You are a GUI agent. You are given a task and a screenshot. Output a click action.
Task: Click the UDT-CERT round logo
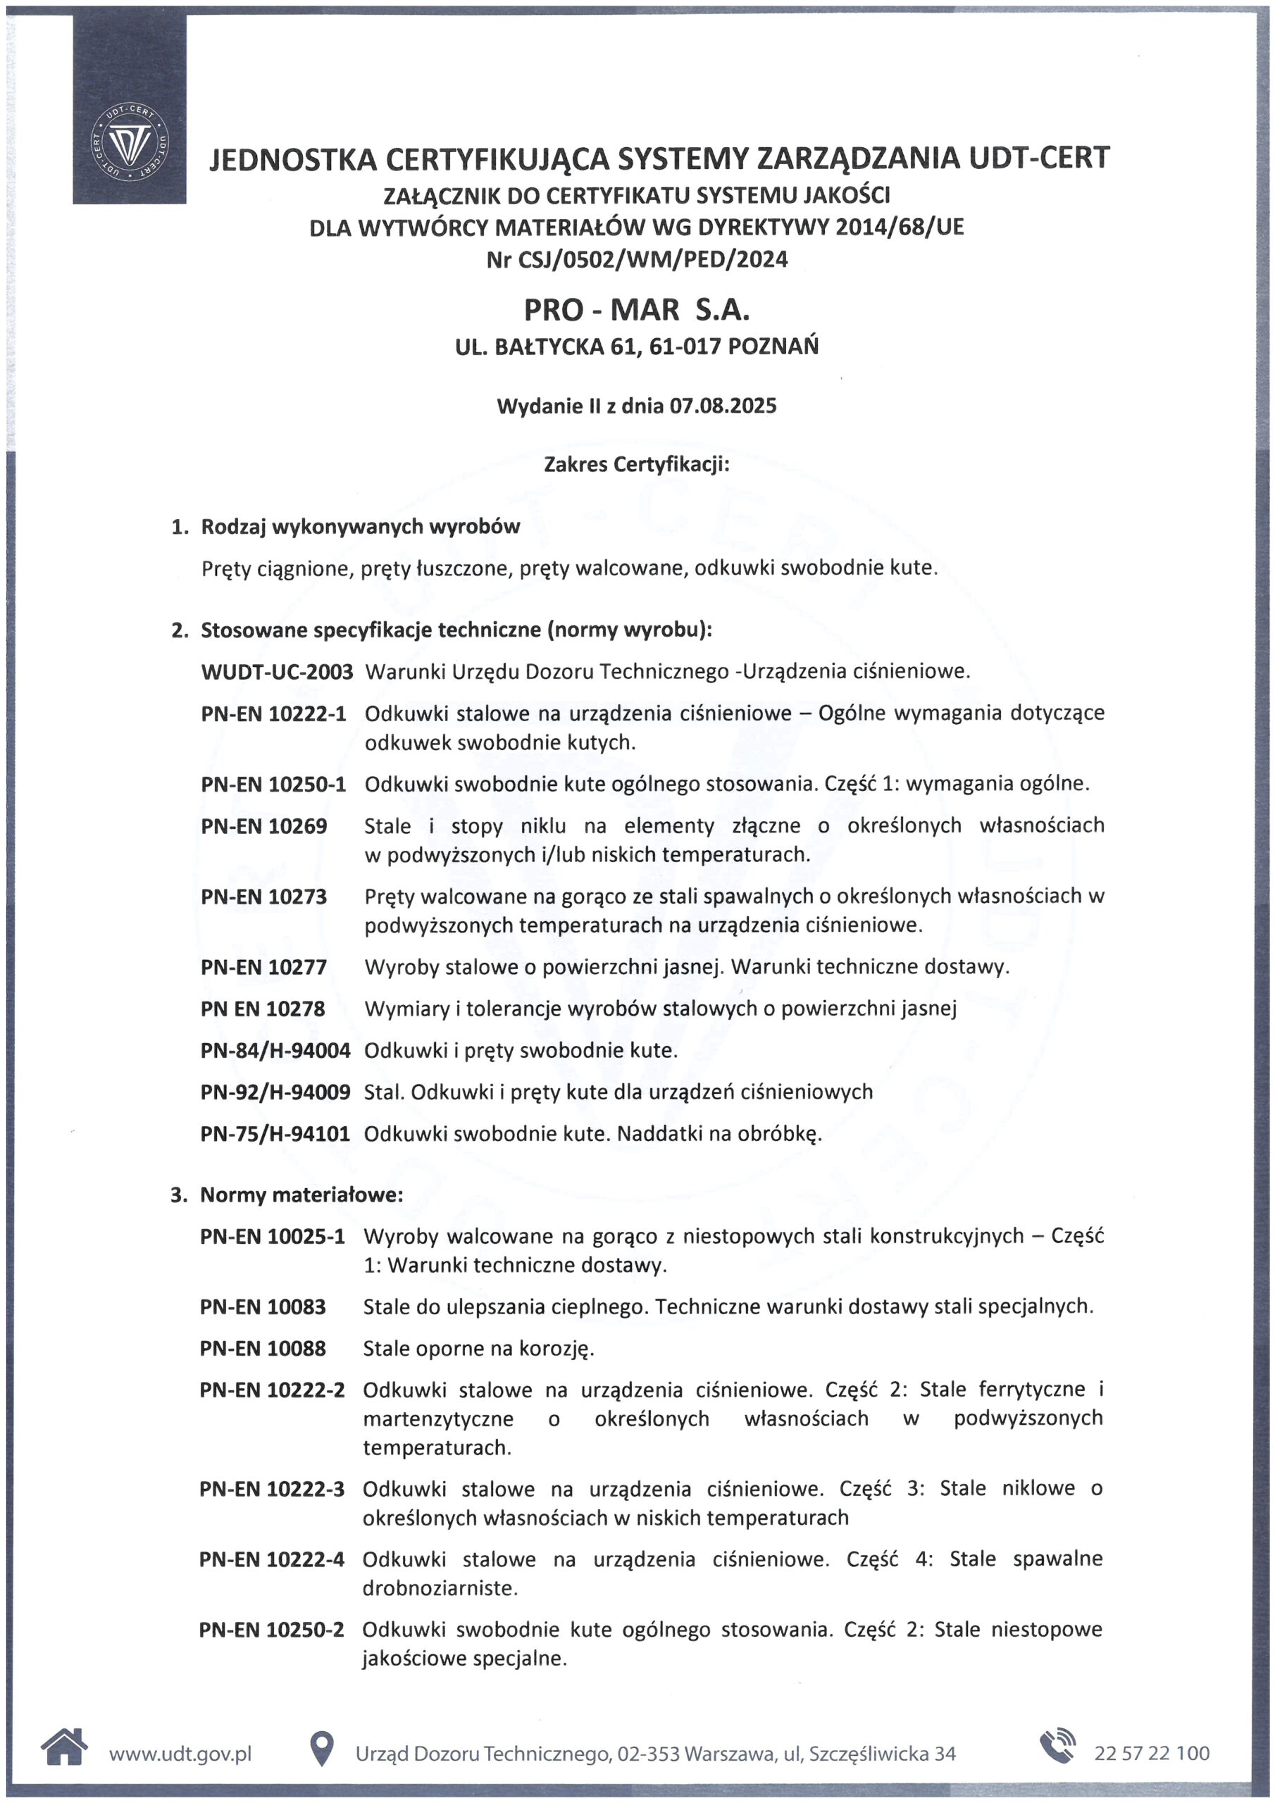(x=130, y=142)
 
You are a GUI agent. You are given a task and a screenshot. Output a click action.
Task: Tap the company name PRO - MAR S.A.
(x=636, y=309)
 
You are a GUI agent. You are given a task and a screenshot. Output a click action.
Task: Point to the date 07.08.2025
(x=723, y=405)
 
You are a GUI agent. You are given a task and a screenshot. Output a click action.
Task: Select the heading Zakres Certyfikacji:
(x=636, y=464)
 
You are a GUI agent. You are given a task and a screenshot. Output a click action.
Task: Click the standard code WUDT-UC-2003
(x=277, y=671)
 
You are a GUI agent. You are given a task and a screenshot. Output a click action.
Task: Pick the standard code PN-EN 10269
(x=264, y=826)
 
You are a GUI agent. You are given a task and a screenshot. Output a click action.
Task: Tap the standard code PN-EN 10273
(x=264, y=897)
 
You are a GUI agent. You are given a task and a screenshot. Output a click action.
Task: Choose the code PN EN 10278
(x=262, y=1009)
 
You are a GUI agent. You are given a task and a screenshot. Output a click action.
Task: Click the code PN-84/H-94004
(x=275, y=1051)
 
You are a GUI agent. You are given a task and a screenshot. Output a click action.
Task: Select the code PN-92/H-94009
(x=275, y=1092)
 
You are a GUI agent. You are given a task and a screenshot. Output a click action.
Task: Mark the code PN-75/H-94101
(x=275, y=1134)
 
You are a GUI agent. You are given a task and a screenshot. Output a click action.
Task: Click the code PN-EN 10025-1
(x=273, y=1237)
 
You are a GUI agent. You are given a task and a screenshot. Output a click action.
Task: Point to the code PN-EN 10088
(x=262, y=1349)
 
